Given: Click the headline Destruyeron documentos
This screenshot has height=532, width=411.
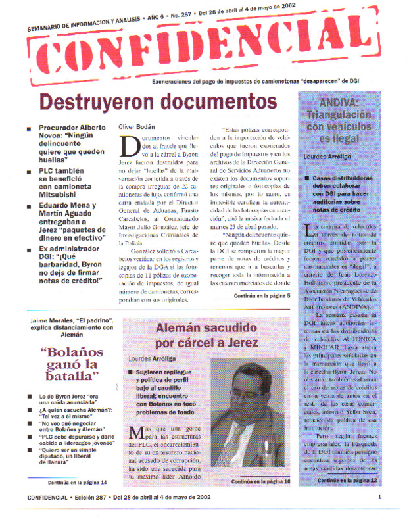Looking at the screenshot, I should pyautogui.click(x=158, y=103).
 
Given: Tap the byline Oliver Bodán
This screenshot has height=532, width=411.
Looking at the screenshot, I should pyautogui.click(x=136, y=126).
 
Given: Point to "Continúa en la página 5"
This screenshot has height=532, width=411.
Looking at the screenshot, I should pyautogui.click(x=261, y=297).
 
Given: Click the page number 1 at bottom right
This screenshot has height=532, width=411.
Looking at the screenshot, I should pyautogui.click(x=379, y=516).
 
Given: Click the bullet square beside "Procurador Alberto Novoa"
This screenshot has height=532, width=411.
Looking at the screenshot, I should pyautogui.click(x=29, y=129).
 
